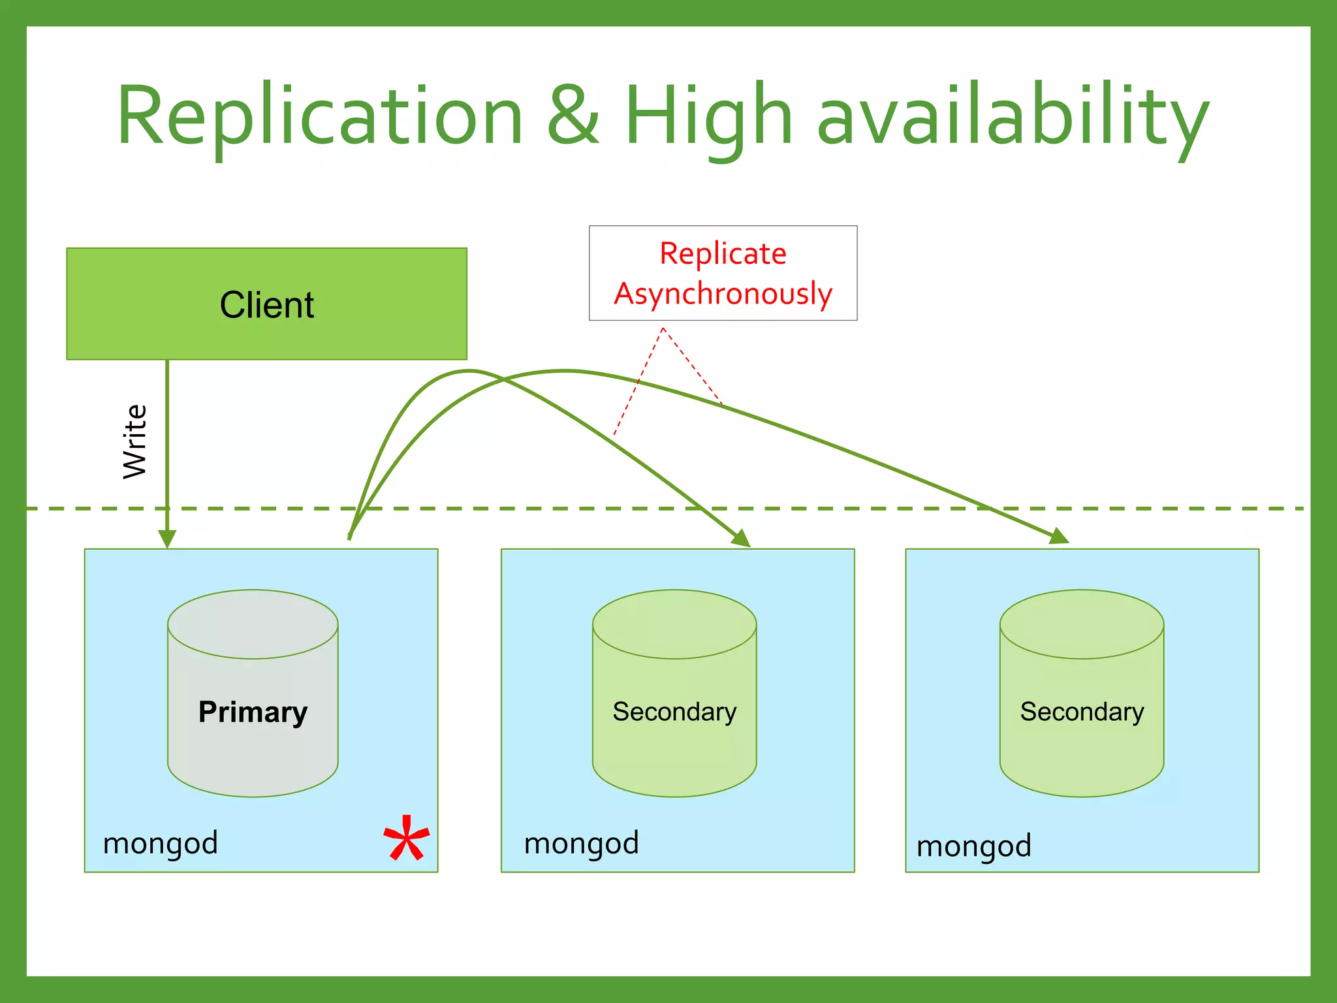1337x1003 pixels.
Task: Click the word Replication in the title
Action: coord(320,116)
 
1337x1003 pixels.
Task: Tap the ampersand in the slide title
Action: coord(573,116)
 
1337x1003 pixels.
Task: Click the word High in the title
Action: coord(708,116)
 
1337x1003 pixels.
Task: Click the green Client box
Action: coord(266,304)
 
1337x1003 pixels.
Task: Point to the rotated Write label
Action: coord(135,441)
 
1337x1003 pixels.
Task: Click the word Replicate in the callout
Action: coord(723,253)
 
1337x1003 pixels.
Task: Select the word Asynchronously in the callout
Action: coord(723,293)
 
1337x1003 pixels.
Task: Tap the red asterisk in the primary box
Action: coord(406,840)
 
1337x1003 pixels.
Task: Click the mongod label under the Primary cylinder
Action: coord(161,843)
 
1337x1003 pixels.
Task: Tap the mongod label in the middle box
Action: coord(581,843)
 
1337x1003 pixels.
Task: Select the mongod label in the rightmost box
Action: coord(973,846)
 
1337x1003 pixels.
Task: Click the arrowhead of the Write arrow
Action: coord(167,539)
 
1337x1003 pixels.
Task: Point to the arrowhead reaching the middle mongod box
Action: coord(742,539)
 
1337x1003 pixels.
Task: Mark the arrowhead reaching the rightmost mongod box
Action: coord(1060,537)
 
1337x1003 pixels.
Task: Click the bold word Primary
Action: coord(253,712)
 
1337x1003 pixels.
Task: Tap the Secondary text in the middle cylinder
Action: coord(674,712)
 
